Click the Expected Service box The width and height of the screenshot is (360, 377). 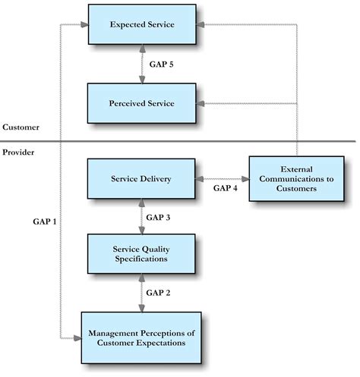(x=142, y=25)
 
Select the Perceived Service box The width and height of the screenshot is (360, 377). (x=142, y=103)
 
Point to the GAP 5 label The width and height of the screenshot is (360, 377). (x=161, y=64)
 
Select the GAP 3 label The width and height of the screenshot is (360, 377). (x=159, y=217)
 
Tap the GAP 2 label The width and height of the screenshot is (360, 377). (x=159, y=292)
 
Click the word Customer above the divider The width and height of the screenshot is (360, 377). (x=21, y=127)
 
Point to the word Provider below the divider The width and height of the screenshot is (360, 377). (x=19, y=152)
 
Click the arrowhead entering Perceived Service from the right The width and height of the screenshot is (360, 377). (x=201, y=103)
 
